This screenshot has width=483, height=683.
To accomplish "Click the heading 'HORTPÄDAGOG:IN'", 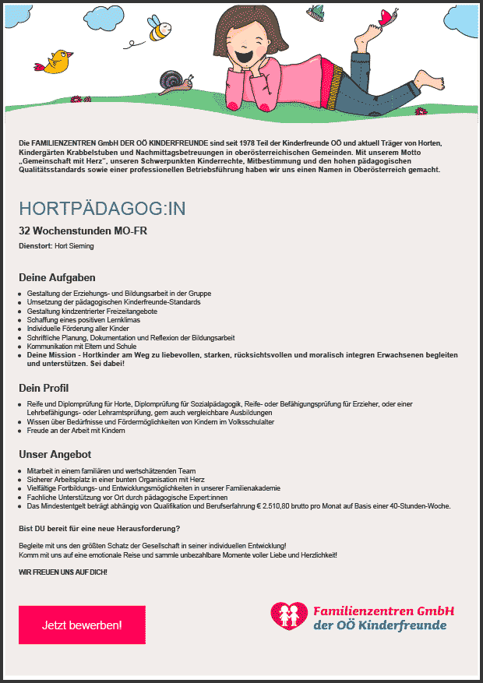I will click(x=102, y=209).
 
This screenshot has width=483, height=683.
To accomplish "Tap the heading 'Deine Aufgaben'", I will click(x=57, y=277).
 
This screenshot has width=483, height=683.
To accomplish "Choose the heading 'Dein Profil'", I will click(x=44, y=388).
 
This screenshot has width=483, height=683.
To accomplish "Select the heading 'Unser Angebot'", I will click(x=55, y=454).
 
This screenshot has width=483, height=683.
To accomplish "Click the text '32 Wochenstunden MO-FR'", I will click(x=83, y=231).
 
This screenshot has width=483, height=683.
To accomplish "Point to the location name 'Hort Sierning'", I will click(x=74, y=246).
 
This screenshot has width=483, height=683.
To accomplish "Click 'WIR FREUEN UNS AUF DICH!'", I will click(x=63, y=572).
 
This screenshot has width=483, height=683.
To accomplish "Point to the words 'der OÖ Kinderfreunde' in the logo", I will click(x=379, y=625).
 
